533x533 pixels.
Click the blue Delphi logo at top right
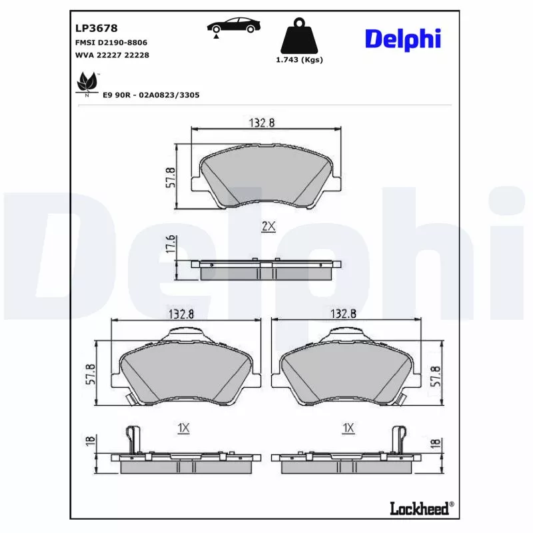point(402,38)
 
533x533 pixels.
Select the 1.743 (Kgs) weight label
point(299,60)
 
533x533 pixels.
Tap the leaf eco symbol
point(86,84)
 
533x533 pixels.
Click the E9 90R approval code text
point(151,95)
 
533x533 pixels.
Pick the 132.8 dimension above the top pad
point(263,122)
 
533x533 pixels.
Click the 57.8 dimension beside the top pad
point(171,177)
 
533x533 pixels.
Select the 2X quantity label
point(268,227)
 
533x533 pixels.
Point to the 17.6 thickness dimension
point(171,245)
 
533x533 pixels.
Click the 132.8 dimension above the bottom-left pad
point(185,313)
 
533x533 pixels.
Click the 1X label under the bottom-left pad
point(185,428)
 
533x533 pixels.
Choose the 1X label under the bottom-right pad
point(347,428)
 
